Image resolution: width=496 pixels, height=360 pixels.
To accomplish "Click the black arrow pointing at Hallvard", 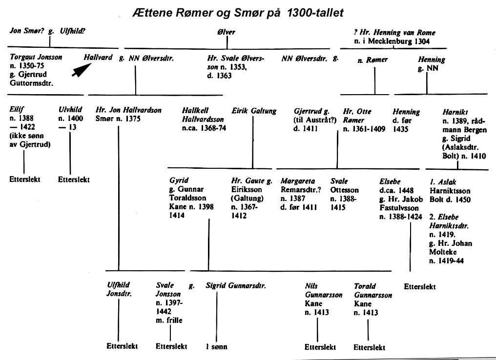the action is point(82,70).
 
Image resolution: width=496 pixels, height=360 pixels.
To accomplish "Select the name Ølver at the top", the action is point(226,32).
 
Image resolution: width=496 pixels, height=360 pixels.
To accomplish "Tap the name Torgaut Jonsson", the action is point(36,57).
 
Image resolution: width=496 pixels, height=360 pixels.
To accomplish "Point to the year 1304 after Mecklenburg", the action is point(421,41).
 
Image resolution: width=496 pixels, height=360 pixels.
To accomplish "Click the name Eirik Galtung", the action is point(254,111).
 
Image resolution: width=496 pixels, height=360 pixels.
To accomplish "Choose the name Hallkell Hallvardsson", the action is point(203,115).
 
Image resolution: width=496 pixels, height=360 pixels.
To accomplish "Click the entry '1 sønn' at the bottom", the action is point(216,347).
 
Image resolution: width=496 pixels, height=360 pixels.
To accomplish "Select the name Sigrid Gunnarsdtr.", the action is point(236,286).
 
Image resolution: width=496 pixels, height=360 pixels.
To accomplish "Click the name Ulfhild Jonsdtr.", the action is point(119,289).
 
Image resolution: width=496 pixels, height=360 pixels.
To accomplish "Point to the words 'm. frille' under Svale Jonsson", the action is point(169,320).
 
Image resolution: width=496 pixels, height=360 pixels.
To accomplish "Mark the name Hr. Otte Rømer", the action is point(357,116).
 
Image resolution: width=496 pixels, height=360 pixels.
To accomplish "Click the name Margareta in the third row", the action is point(298,181).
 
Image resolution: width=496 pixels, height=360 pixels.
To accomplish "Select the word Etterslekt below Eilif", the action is point(25,180).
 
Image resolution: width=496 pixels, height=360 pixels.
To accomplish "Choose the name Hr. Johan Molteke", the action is point(451,248).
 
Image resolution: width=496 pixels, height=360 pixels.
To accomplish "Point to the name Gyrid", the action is point(179,180).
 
